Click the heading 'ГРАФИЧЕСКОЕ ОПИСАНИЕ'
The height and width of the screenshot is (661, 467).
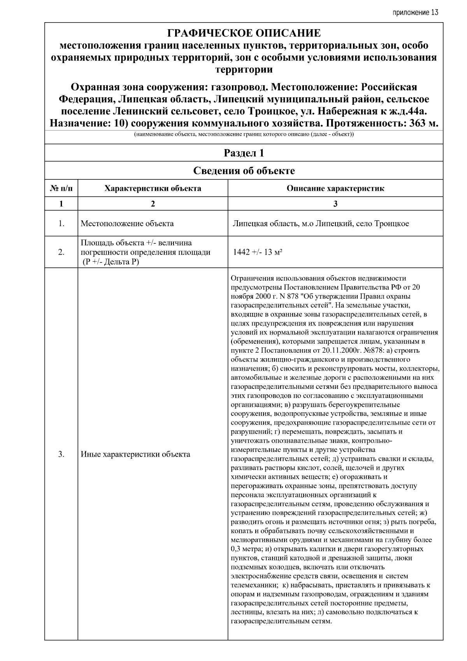coord(244,33)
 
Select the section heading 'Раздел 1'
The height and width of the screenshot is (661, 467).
coord(244,153)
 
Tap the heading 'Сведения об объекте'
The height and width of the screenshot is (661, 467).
coord(244,171)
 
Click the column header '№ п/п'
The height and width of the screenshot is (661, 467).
coord(61,188)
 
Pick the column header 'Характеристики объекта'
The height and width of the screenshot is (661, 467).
coord(153,188)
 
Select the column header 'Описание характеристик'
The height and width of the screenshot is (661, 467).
coord(335,188)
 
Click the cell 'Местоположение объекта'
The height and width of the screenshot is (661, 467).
coord(127,223)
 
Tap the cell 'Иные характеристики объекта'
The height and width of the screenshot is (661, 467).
coord(135,454)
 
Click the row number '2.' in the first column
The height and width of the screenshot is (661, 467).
coord(61,252)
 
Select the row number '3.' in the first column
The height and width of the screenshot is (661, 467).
coord(61,454)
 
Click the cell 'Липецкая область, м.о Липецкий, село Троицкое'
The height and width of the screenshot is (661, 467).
coord(321,223)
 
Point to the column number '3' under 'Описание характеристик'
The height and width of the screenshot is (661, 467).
coord(335,204)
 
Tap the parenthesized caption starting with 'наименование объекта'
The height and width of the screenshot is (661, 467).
coord(244,135)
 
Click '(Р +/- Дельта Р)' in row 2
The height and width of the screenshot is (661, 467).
coord(111,262)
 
